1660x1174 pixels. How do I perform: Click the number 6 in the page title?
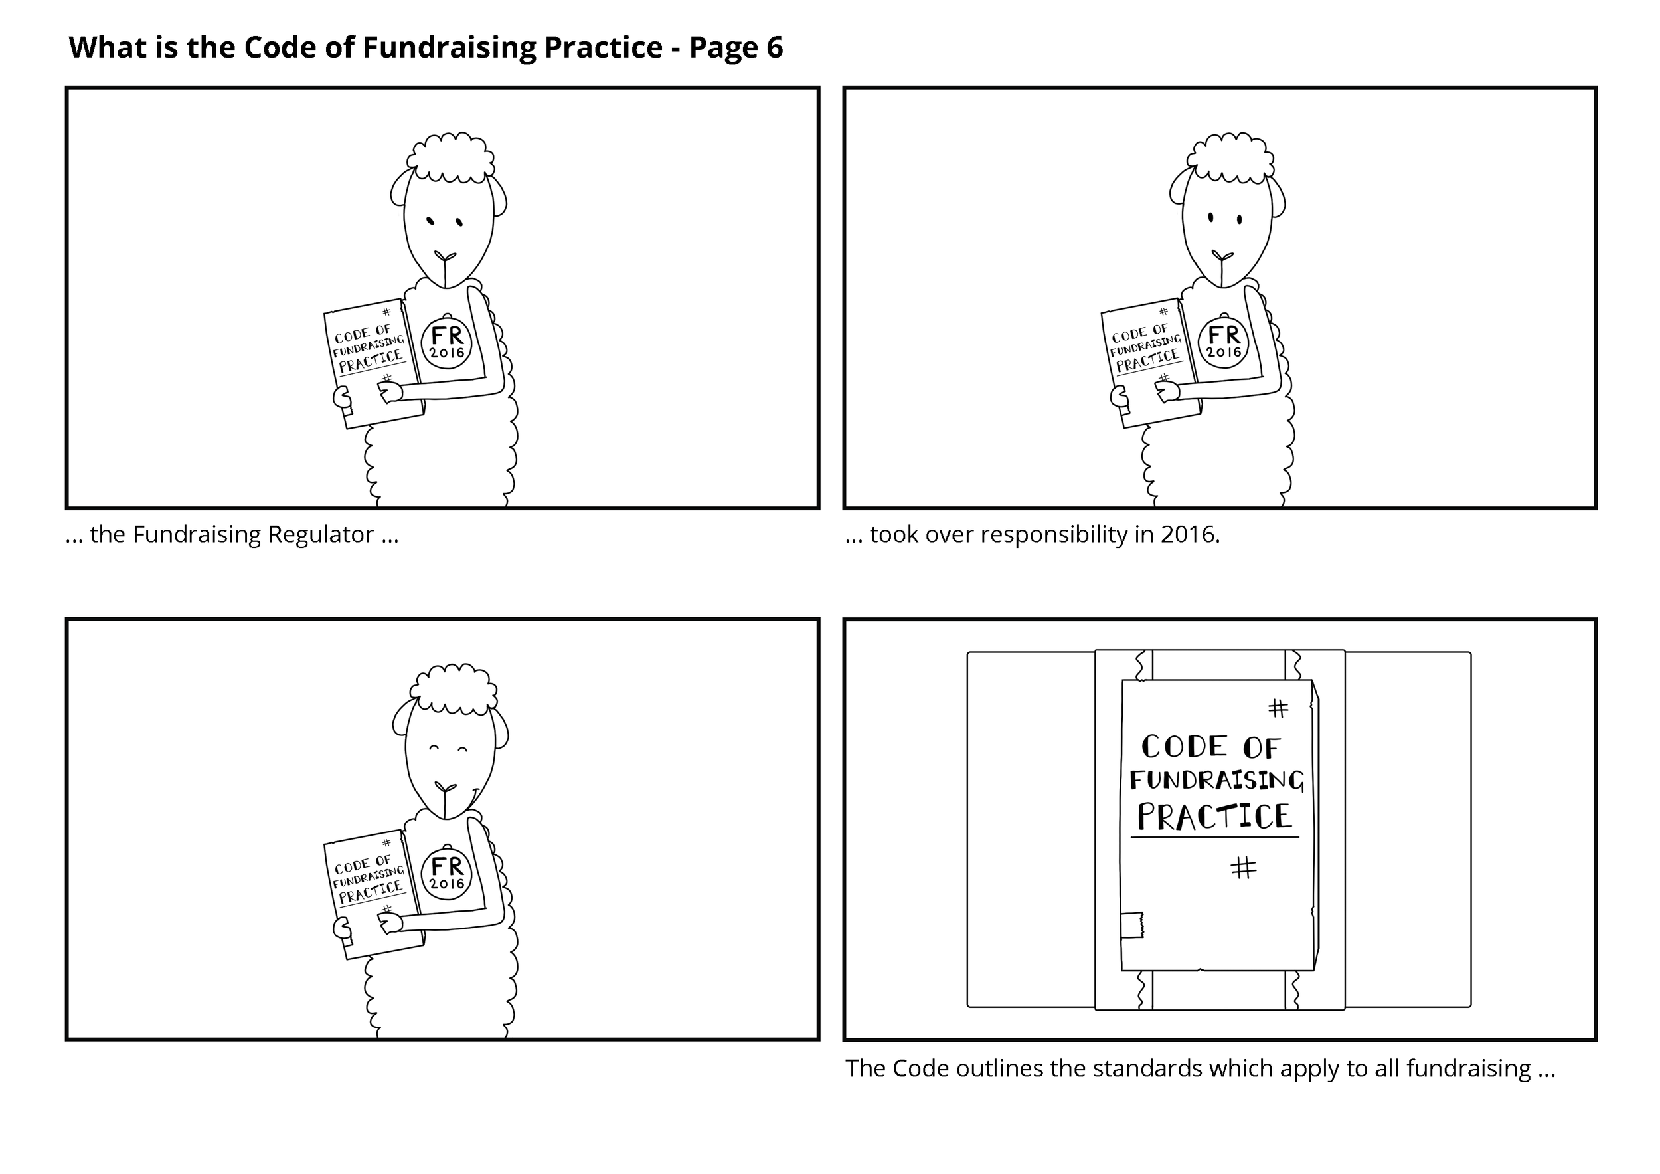[x=774, y=48]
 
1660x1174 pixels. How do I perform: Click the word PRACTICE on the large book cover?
[x=1214, y=817]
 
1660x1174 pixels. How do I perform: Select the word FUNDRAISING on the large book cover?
[x=1217, y=780]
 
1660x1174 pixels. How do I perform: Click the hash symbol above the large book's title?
[x=1278, y=708]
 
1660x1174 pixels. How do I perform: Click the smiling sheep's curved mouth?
[x=469, y=799]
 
